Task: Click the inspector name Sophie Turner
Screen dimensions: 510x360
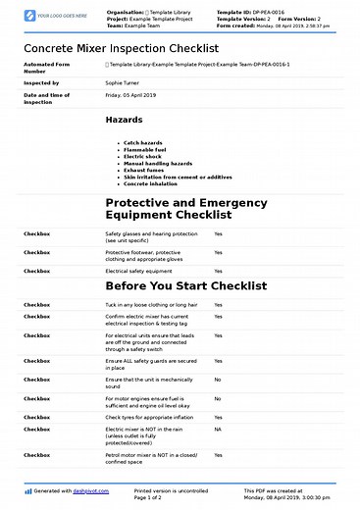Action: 125,83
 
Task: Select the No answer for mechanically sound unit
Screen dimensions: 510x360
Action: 217,379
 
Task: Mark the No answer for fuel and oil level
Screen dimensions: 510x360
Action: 217,398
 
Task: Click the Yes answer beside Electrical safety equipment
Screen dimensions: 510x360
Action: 218,270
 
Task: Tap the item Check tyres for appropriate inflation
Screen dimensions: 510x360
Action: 150,417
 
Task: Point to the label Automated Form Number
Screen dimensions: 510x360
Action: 47,67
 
